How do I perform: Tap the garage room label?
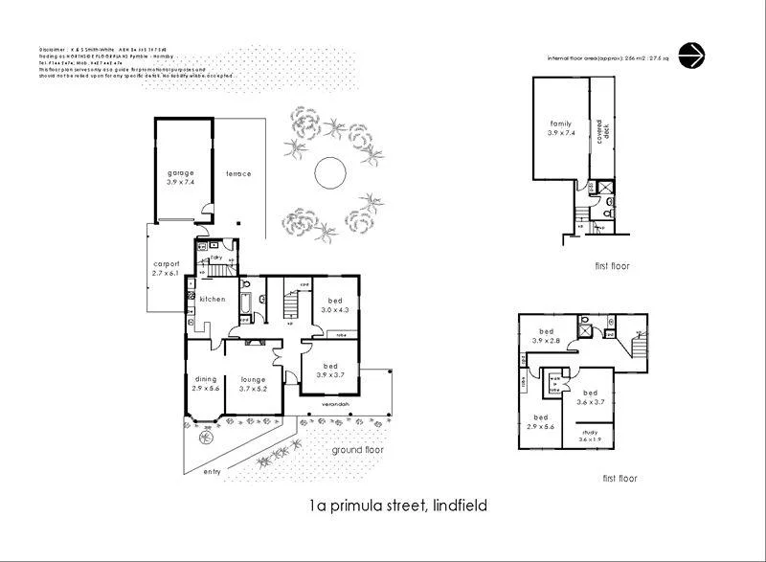click(180, 176)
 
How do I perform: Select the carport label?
click(167, 269)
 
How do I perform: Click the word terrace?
click(238, 174)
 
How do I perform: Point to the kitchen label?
click(212, 300)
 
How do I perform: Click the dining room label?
click(206, 384)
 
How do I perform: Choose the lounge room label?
click(253, 384)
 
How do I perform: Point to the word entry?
click(212, 471)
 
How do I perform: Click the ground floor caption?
click(358, 449)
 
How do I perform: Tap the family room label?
click(560, 128)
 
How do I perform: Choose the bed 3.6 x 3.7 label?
click(591, 397)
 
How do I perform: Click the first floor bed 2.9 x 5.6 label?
click(541, 422)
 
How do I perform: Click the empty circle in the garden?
click(330, 172)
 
